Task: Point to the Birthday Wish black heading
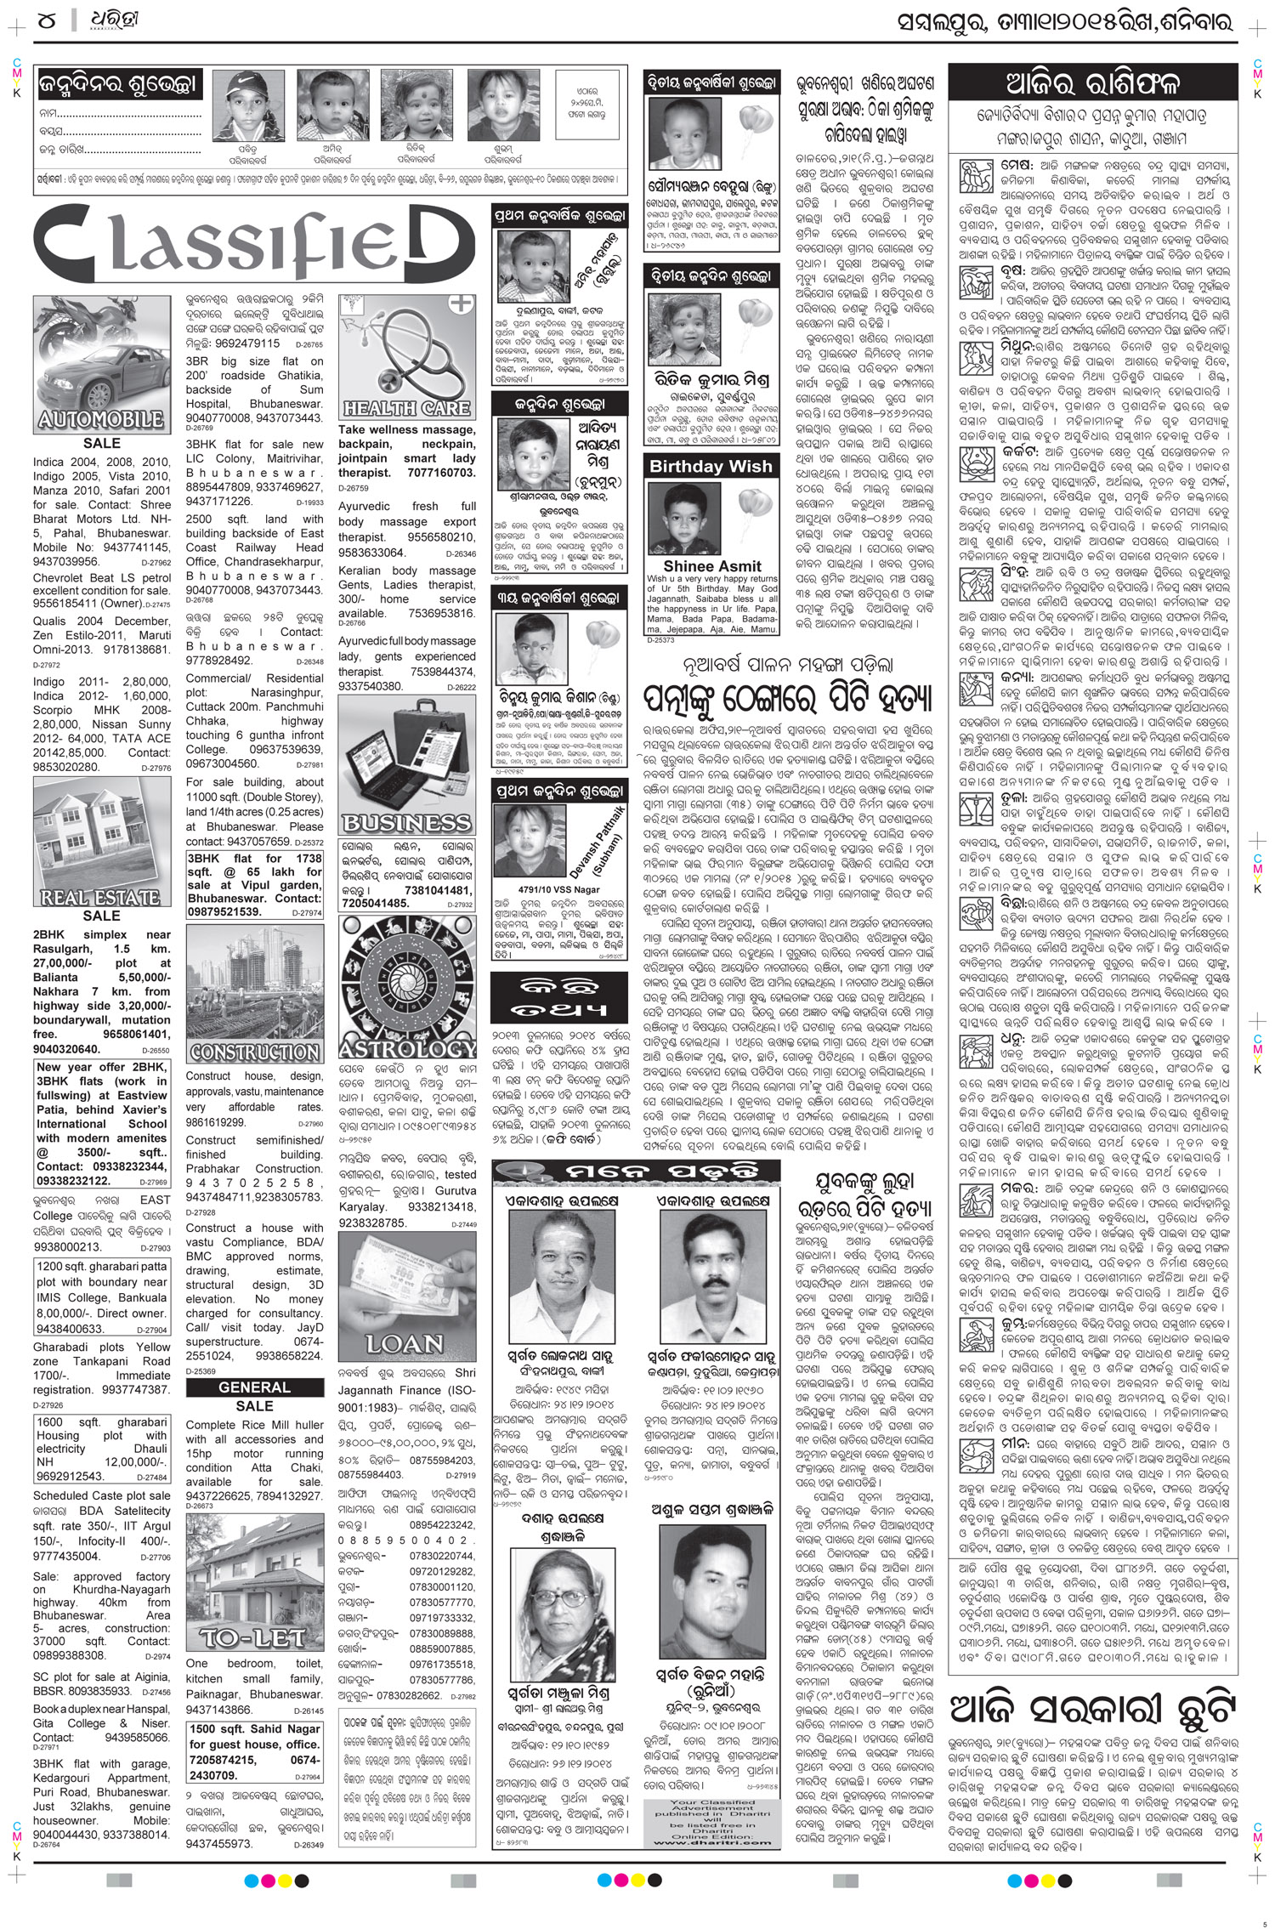(711, 466)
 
